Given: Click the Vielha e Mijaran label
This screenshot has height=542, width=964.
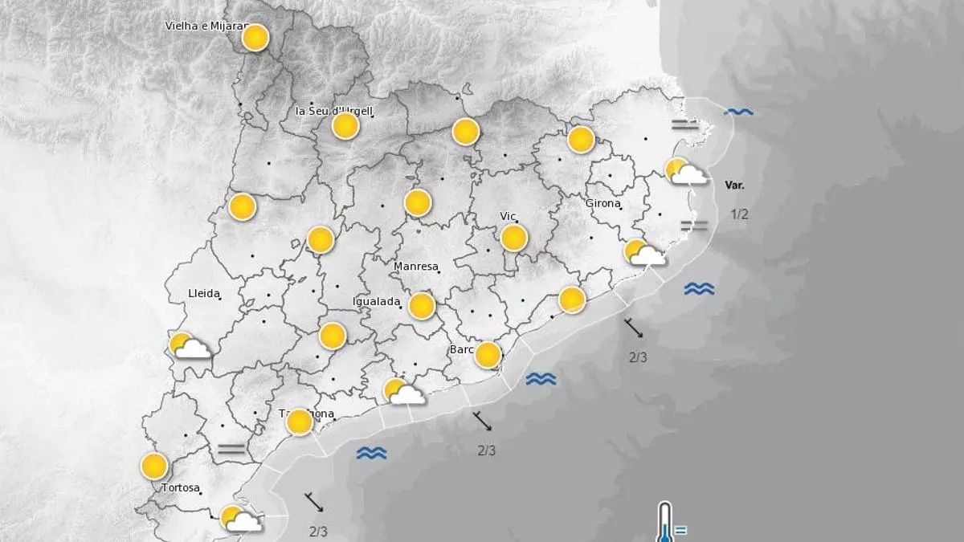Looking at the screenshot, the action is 204,26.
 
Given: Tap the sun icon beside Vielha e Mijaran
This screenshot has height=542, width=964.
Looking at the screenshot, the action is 255,38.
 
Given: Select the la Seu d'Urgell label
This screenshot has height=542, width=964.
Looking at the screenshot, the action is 334,110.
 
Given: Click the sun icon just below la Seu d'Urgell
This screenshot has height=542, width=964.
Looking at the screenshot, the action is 345,126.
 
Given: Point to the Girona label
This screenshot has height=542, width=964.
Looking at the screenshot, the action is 602,203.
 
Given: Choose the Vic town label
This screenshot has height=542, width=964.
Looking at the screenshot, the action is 508,217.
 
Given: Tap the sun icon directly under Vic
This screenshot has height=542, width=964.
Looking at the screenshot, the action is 513,238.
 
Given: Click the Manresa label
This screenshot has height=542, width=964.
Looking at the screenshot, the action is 416,267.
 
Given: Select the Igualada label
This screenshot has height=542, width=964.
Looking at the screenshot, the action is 377,301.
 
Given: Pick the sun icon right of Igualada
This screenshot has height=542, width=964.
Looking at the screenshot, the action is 422,305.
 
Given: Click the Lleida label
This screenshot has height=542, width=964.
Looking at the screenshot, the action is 203,293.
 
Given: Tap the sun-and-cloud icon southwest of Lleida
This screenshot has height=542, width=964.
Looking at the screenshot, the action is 190,346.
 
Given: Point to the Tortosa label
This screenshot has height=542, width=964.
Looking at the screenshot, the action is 180,487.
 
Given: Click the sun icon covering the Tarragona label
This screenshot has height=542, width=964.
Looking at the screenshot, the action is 300,422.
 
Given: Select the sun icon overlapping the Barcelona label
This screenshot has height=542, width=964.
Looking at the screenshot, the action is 488,354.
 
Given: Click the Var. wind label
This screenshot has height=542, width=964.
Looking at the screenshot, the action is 734,185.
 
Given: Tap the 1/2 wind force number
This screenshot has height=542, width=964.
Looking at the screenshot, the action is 739,214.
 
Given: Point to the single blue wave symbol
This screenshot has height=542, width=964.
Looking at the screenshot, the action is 738,112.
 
